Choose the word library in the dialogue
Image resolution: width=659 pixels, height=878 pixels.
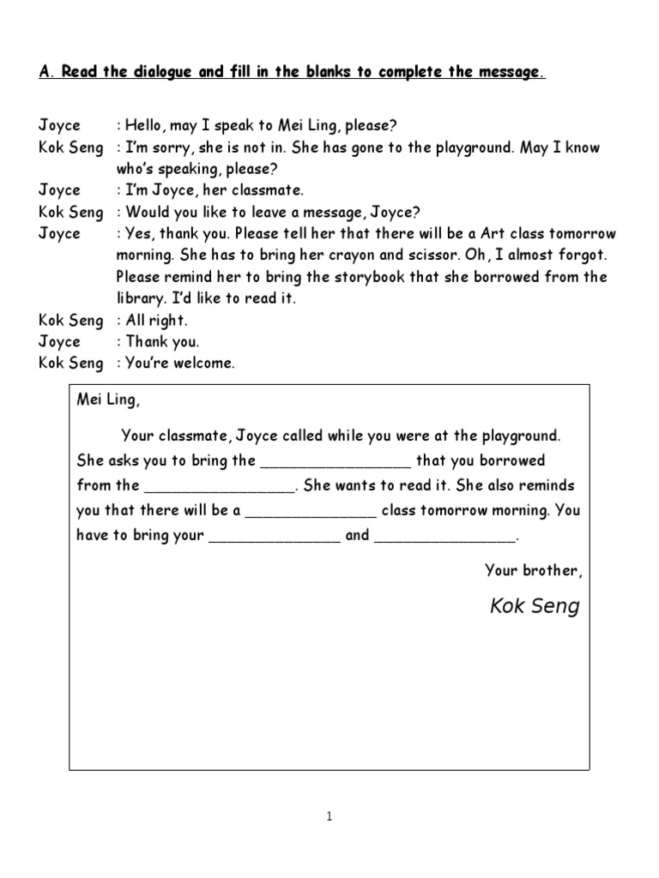(x=142, y=298)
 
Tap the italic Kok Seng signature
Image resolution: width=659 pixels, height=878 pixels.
(x=535, y=607)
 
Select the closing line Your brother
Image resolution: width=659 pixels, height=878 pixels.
(x=533, y=569)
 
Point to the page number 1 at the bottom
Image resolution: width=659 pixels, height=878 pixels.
(x=329, y=817)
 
